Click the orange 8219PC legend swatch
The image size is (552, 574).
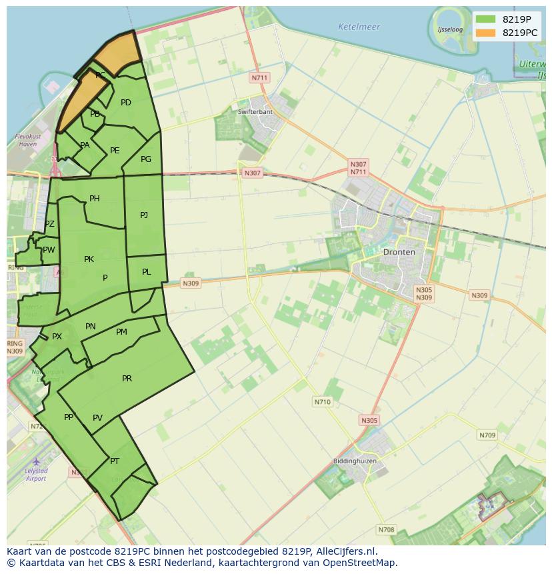[486, 32]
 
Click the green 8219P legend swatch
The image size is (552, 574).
[486, 19]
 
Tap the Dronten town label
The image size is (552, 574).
[399, 252]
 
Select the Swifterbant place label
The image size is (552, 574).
[255, 111]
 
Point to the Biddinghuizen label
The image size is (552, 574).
[355, 461]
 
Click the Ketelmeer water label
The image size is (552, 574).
[359, 27]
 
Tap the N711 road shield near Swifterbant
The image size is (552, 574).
[259, 78]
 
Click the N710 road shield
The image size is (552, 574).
[322, 402]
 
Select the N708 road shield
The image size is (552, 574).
[386, 530]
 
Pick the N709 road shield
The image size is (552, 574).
[487, 435]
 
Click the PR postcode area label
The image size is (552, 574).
[127, 379]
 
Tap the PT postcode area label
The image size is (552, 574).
[115, 461]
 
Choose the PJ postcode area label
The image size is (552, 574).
[144, 215]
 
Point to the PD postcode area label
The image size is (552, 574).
[126, 103]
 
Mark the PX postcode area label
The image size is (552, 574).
[57, 337]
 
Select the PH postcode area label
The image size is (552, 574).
[95, 199]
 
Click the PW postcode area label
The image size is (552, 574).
[49, 250]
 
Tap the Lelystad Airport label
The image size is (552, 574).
[36, 475]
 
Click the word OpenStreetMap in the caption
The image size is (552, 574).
[361, 563]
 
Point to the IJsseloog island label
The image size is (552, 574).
[450, 29]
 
